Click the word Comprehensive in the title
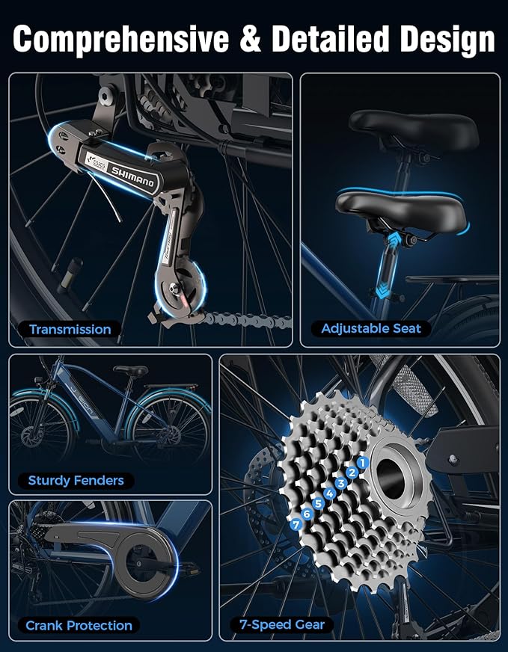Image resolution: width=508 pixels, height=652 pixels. click(x=121, y=39)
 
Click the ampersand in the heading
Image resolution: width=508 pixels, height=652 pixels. click(x=251, y=39)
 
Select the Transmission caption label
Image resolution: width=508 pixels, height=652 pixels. click(x=70, y=330)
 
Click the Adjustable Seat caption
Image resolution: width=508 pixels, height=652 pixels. click(x=371, y=329)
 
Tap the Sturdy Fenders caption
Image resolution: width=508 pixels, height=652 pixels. click(x=76, y=481)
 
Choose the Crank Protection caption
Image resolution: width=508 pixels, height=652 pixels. click(x=79, y=625)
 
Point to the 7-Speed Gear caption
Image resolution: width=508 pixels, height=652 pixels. click(x=281, y=624)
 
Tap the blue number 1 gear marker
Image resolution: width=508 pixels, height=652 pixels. click(x=363, y=462)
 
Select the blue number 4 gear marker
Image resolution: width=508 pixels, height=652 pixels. click(x=330, y=493)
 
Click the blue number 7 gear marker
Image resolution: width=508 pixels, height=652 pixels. click(x=296, y=525)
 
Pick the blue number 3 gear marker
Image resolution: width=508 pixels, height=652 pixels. click(x=340, y=483)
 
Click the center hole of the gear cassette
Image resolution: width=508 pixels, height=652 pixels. click(x=391, y=479)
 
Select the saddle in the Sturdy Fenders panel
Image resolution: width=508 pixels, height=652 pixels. click(x=130, y=369)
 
